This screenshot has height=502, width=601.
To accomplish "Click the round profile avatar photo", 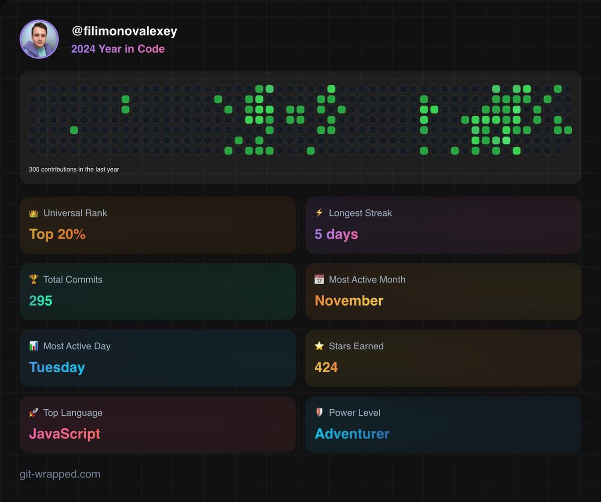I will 39,39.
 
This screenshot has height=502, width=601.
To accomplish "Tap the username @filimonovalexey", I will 124,31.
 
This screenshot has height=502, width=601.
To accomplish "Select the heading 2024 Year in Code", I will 118,49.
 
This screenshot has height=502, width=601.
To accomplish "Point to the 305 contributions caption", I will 74,169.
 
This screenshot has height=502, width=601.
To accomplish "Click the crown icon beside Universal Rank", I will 34,213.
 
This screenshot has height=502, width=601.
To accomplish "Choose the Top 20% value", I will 57,234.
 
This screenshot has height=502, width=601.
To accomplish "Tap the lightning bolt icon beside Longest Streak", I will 319,212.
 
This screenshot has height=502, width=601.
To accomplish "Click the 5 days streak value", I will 336,234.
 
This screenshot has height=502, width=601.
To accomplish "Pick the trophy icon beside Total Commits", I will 34,279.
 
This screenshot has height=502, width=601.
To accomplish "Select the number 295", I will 41,301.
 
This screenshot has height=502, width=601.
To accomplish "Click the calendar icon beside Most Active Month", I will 319,279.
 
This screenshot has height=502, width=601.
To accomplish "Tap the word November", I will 349,301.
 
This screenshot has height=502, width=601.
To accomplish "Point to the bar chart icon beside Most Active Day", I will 34,346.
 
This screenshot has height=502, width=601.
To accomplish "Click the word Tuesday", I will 57,367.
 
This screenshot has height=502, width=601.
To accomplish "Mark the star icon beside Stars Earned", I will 319,346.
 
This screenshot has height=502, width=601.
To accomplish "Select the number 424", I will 326,367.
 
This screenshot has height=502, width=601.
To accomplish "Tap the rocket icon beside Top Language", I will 34,412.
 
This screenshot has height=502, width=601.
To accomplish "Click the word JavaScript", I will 65,434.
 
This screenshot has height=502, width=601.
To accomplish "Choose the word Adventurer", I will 352,434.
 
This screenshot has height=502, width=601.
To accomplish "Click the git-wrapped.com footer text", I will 60,474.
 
